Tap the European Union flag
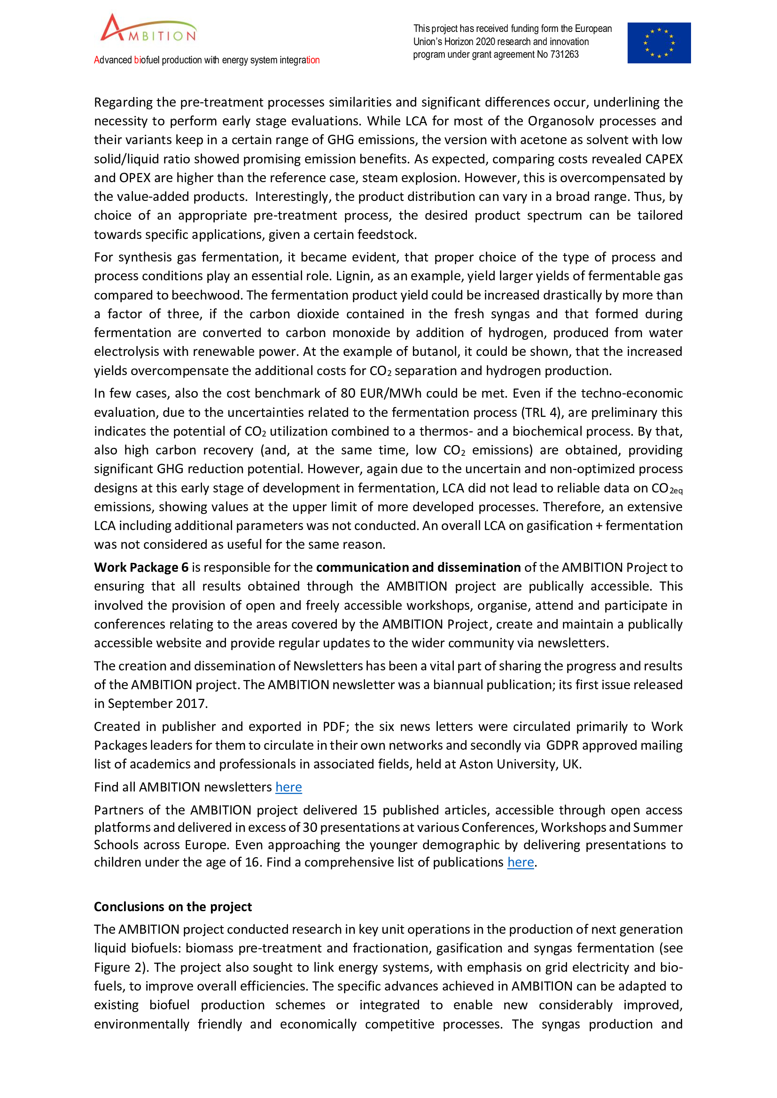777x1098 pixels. click(x=659, y=43)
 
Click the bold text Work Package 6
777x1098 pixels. click(x=141, y=568)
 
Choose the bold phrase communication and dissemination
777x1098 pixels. click(x=418, y=568)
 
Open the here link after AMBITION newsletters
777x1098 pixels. click(x=288, y=787)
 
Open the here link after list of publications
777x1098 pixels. click(x=521, y=862)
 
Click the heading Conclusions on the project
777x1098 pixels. click(x=173, y=907)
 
